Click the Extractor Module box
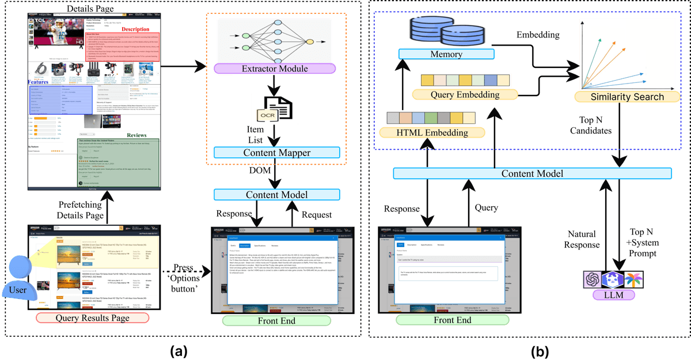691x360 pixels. (275, 69)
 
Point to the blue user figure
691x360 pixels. (18, 280)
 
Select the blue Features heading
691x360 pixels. (38, 82)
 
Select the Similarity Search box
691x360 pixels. (627, 97)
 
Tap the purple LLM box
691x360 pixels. (614, 295)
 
